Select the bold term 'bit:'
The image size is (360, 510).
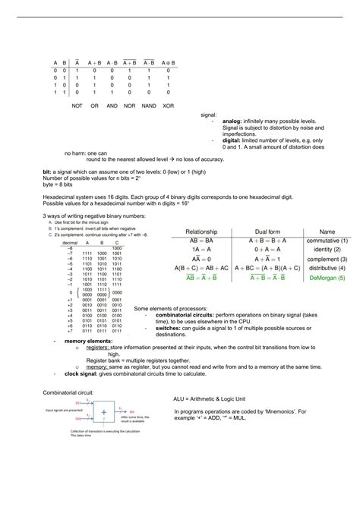tap(48, 172)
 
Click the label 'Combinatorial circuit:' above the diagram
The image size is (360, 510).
tap(68, 393)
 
